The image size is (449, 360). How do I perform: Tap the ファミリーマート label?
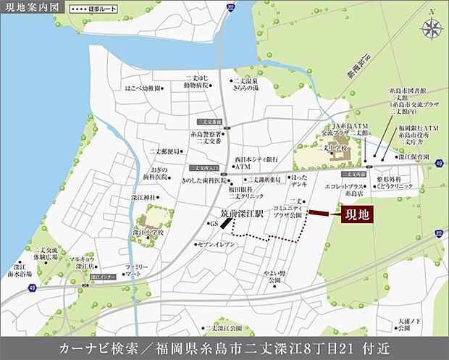133,271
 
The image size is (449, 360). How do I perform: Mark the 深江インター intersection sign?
105,277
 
